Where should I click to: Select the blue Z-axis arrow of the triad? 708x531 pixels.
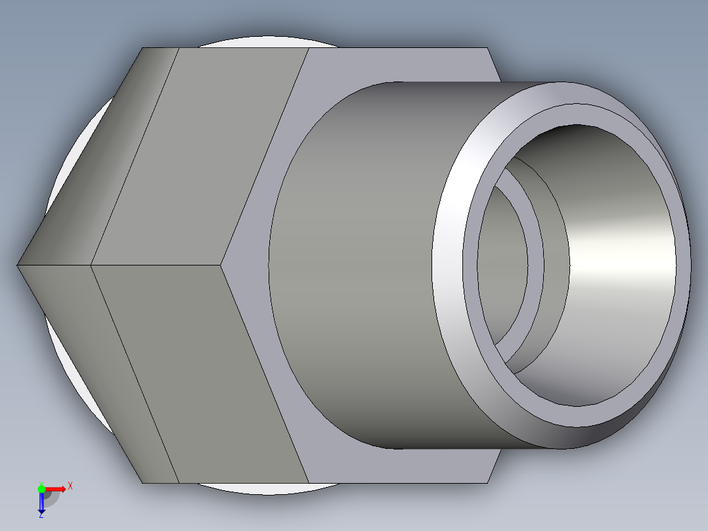click(41, 503)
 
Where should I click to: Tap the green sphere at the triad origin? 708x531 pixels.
click(41, 488)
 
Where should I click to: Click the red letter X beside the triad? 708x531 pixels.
click(70, 486)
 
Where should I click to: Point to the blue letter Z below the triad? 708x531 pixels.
click(41, 515)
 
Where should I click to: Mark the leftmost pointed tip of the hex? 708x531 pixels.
click(18, 265)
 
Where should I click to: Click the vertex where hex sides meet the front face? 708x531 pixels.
click(221, 265)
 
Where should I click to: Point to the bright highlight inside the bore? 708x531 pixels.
click(631, 263)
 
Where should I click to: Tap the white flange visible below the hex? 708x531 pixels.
click(263, 489)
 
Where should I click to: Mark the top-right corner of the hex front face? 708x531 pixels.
click(488, 49)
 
